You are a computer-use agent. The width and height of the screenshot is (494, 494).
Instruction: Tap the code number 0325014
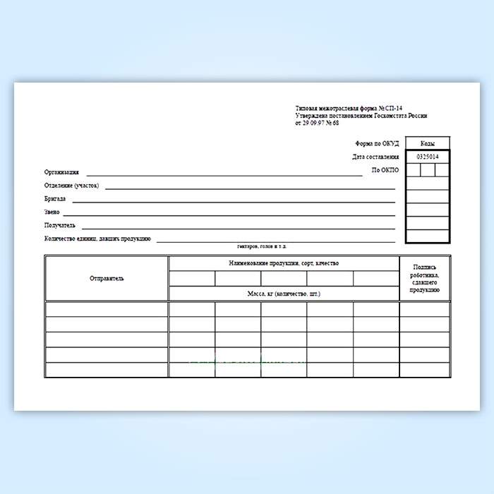[x=428, y=157]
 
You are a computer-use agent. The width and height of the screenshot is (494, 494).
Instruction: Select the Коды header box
[x=428, y=143]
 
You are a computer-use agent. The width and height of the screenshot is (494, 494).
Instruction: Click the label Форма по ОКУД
[x=378, y=143]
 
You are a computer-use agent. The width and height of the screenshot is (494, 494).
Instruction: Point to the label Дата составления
[x=375, y=157]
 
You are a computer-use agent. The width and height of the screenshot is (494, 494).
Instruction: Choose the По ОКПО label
[x=385, y=171]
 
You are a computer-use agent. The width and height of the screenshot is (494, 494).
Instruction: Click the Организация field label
[x=61, y=171]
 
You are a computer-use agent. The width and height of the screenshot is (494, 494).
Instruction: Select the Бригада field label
[x=54, y=199]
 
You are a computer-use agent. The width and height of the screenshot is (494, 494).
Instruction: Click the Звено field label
[x=52, y=212]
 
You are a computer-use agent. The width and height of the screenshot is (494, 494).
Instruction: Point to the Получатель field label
[x=59, y=226]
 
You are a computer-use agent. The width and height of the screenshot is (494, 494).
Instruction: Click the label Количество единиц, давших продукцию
[x=97, y=239]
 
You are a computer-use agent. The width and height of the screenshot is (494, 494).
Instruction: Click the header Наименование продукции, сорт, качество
[x=284, y=263]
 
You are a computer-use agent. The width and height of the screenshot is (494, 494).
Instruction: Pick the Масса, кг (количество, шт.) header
[x=284, y=293]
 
